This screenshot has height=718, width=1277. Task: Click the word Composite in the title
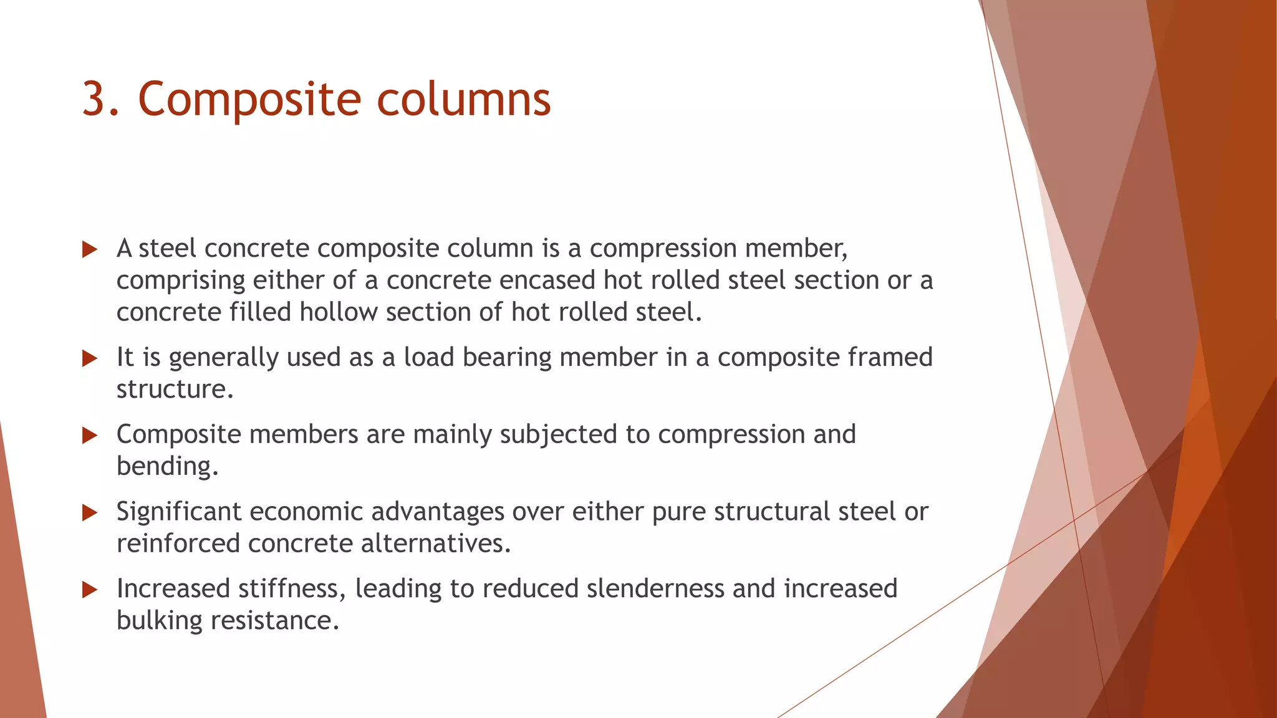pyautogui.click(x=249, y=100)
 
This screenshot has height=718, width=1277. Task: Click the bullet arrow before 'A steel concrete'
pyautogui.click(x=90, y=250)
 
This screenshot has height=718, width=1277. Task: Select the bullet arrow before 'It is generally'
pyautogui.click(x=90, y=358)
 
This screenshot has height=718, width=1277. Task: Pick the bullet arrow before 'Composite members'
pyautogui.click(x=90, y=436)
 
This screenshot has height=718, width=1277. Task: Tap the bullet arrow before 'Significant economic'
pyautogui.click(x=90, y=513)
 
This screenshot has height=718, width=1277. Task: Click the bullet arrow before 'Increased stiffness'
pyautogui.click(x=90, y=590)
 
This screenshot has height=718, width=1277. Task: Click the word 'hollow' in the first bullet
pyautogui.click(x=339, y=312)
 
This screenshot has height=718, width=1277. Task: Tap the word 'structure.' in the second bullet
pyautogui.click(x=175, y=390)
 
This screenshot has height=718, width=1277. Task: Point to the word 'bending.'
pyautogui.click(x=168, y=466)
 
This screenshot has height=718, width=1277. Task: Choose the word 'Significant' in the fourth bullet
pyautogui.click(x=179, y=512)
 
